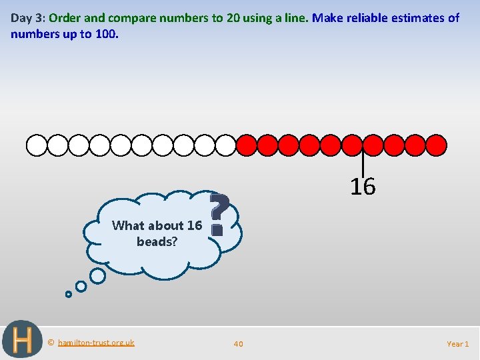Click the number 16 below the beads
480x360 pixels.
(x=363, y=187)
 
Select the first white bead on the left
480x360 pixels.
(x=37, y=145)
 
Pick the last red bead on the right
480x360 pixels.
(x=436, y=145)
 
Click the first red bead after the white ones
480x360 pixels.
(x=247, y=145)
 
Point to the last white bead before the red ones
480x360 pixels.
(x=226, y=145)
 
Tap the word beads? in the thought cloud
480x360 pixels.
(x=157, y=242)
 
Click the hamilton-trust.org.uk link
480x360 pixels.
(x=96, y=343)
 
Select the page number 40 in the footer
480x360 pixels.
(x=238, y=344)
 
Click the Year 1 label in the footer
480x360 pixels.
(x=458, y=344)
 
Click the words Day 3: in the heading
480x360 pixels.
(x=28, y=18)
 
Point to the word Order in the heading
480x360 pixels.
(x=65, y=18)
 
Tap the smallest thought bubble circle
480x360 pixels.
(x=68, y=293)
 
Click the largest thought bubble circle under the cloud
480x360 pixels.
(x=97, y=275)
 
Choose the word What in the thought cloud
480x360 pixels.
(x=127, y=225)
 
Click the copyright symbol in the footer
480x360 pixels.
(x=51, y=343)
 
